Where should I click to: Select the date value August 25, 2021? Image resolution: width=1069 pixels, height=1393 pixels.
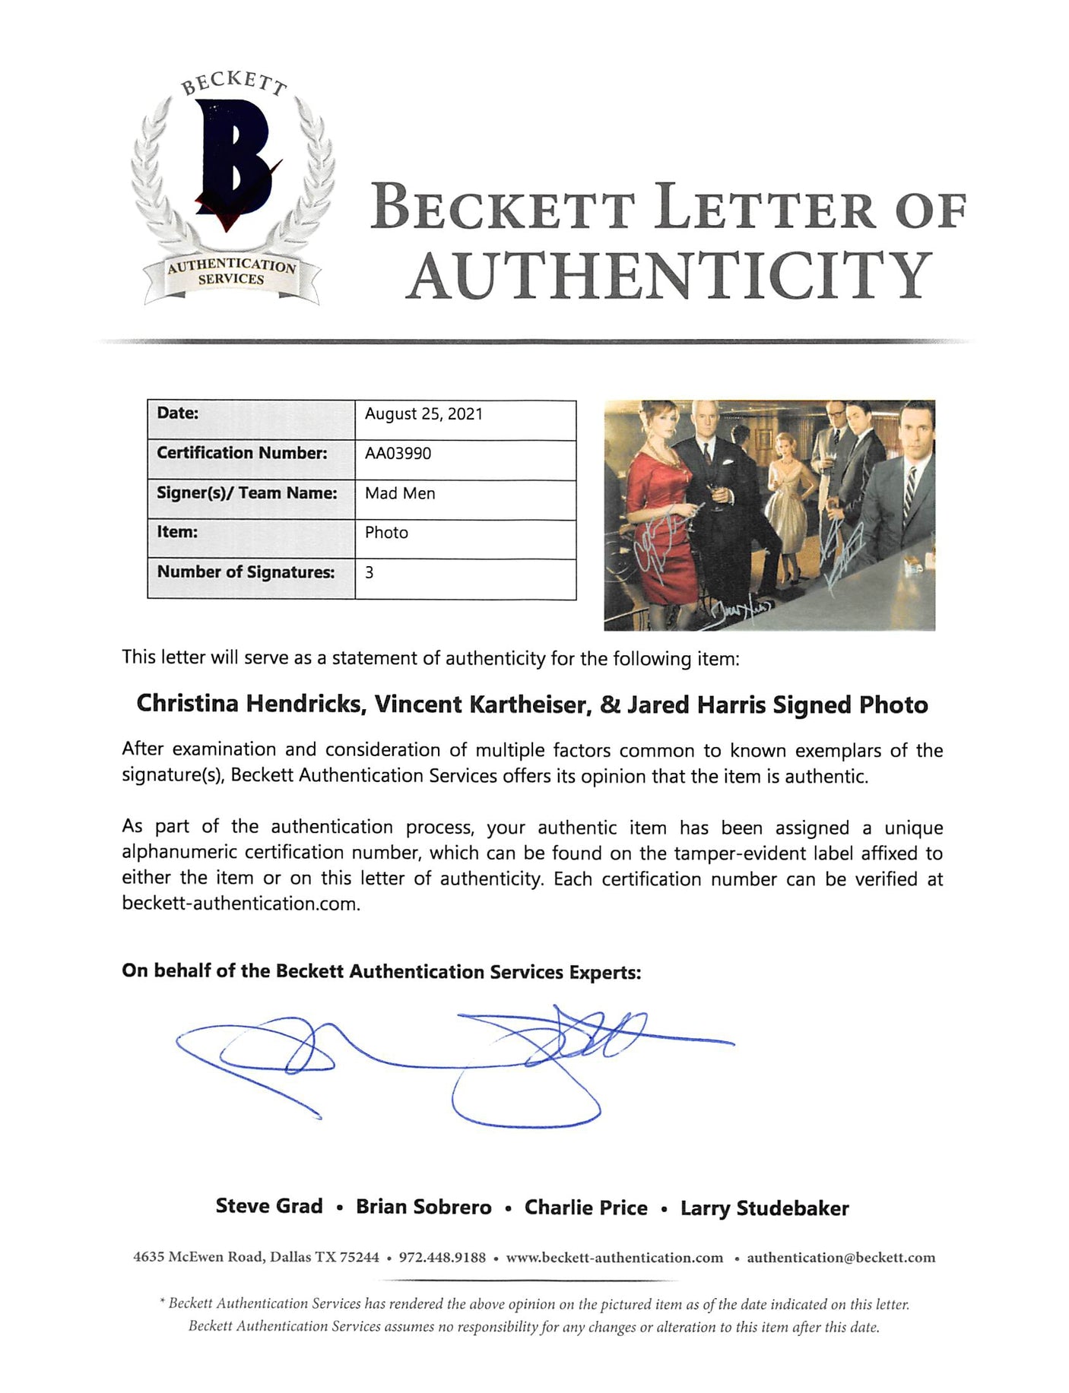point(423,414)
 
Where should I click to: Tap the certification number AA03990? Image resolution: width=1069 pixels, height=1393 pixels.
point(398,454)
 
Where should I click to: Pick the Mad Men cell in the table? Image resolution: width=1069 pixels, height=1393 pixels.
point(400,493)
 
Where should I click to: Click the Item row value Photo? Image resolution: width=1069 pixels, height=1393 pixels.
point(386,533)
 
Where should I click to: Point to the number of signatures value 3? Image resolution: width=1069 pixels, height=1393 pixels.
point(370,572)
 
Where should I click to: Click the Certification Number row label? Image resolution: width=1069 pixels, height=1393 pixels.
point(242,453)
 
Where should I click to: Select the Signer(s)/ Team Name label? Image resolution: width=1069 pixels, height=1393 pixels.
point(246,493)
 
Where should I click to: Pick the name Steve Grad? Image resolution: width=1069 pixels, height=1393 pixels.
point(269,1207)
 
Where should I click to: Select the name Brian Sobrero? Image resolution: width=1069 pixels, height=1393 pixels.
point(423,1208)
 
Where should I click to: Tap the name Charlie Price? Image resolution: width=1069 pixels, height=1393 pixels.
point(585,1208)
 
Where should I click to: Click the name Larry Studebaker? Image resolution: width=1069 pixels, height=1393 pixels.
point(764,1208)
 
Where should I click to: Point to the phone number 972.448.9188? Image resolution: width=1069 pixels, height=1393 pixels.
point(442,1258)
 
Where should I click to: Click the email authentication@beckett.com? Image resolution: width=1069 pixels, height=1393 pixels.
point(841,1258)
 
